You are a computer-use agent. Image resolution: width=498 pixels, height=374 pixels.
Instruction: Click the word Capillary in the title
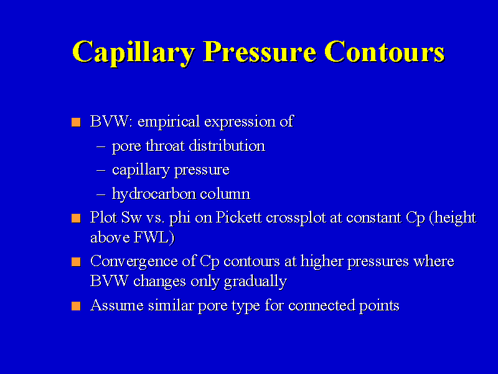click(x=133, y=52)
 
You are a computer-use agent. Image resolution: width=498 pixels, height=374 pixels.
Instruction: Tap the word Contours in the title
click(x=384, y=52)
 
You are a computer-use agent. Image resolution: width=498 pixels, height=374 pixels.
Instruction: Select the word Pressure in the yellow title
click(x=260, y=52)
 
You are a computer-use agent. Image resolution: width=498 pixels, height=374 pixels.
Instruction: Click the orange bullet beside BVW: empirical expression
click(x=76, y=122)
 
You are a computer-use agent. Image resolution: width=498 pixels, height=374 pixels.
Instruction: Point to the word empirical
click(x=169, y=122)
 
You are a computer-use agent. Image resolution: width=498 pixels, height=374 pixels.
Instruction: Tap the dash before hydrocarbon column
click(x=101, y=194)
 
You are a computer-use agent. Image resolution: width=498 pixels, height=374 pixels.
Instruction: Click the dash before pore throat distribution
click(x=101, y=146)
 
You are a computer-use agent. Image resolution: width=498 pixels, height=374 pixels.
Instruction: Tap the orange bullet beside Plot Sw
click(x=76, y=218)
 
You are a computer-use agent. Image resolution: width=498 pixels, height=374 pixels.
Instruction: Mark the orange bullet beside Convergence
click(x=76, y=262)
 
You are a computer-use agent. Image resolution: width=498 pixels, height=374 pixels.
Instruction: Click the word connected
click(x=321, y=305)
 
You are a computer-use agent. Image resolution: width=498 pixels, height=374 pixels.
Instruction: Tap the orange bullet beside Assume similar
click(x=76, y=306)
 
